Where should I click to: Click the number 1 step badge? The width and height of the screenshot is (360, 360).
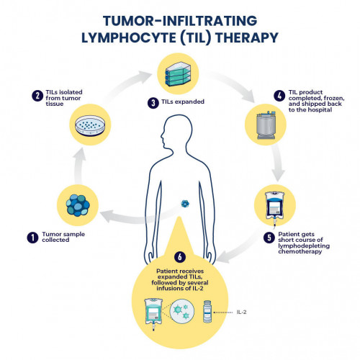click(x=32, y=238)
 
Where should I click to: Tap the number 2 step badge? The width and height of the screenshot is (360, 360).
click(x=37, y=96)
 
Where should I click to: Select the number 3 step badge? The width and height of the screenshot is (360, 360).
click(x=153, y=103)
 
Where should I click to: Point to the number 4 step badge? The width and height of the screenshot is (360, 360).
click(x=279, y=96)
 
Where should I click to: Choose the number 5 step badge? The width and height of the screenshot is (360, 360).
click(x=269, y=238)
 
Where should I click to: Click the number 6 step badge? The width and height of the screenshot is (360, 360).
click(x=180, y=257)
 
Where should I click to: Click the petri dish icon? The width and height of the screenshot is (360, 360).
click(x=90, y=125)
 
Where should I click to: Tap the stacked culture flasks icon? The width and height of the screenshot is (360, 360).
click(x=178, y=74)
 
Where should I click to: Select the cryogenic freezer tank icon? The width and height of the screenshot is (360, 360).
click(x=266, y=125)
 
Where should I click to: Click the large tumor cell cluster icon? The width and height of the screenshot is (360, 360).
click(x=78, y=205)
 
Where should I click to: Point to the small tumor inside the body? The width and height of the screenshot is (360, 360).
click(x=185, y=204)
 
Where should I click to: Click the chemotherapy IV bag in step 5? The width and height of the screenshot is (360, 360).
click(x=275, y=207)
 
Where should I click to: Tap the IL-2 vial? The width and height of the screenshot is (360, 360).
click(x=207, y=311)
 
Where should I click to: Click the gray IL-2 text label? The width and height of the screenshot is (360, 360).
click(x=241, y=312)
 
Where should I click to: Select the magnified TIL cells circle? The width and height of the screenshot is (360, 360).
click(x=182, y=311)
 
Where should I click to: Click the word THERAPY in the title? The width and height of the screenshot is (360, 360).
click(x=247, y=37)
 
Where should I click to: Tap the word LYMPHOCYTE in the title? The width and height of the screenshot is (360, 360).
click(x=129, y=37)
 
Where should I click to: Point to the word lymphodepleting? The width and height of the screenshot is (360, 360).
click(x=304, y=246)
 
